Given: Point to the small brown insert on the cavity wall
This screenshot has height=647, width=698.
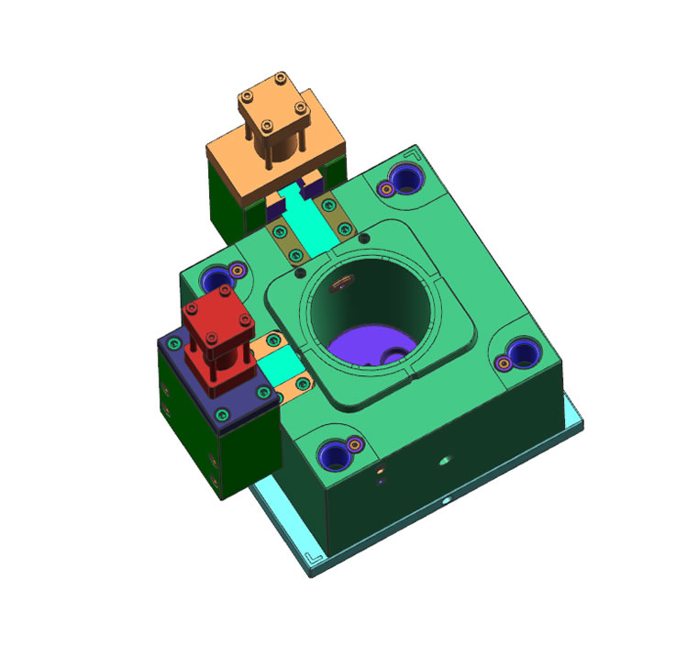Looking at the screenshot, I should click(340, 284).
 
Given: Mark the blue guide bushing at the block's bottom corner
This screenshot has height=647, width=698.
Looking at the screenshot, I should click(334, 455).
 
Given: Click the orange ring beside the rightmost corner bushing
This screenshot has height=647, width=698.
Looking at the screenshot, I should click(503, 363).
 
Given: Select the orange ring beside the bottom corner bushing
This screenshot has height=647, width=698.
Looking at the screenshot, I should click(353, 445).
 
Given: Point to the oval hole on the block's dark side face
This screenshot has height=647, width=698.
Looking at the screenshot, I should click(447, 459).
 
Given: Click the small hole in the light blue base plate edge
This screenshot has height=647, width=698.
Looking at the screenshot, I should click(445, 502).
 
